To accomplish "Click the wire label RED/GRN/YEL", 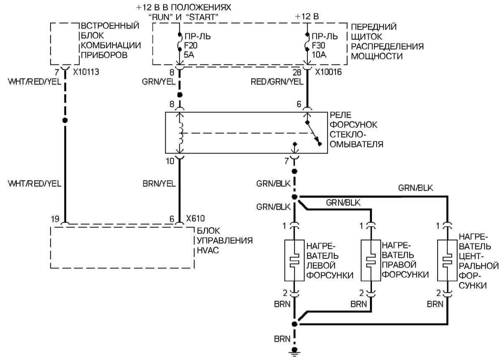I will pyautogui.click(x=277, y=82).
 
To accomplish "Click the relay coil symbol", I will pyautogui.click(x=181, y=134).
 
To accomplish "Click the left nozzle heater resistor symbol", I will pyautogui.click(x=295, y=260).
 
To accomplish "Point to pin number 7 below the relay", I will pyautogui.click(x=286, y=159).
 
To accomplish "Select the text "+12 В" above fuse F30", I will pyautogui.click(x=307, y=17).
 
